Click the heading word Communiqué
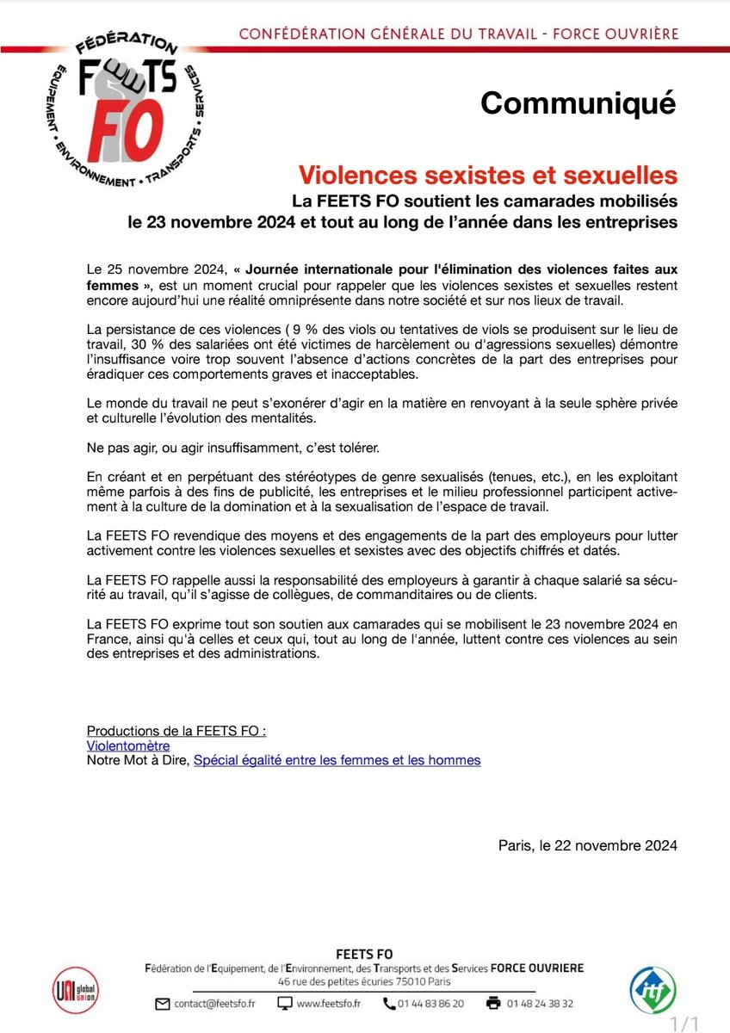pos(578,102)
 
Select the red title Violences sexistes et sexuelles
pos(487,175)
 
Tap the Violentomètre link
pos(128,745)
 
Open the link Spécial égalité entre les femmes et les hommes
pos(337,760)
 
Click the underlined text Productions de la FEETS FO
pos(176,731)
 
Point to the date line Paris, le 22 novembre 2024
pos(587,844)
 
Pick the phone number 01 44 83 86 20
pos(434,1004)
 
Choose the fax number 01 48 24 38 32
pos(541,1004)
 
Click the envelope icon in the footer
pos(163,1004)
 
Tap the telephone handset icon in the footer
pos(389,1004)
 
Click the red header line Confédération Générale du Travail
pos(457,34)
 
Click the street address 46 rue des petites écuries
pos(363,982)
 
